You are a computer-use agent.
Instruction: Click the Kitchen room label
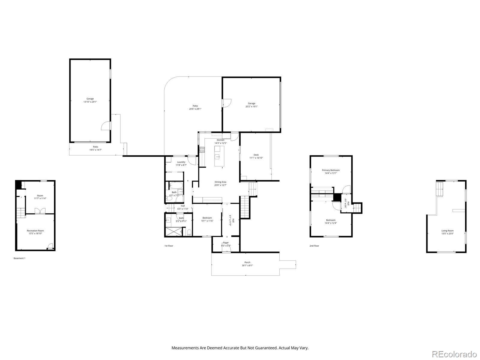[x=220, y=140]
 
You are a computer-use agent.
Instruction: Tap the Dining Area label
[x=220, y=182]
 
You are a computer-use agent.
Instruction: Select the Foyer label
[x=226, y=243]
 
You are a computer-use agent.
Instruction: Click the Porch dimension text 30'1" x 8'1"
[x=247, y=265]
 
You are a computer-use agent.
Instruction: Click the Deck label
[x=256, y=155]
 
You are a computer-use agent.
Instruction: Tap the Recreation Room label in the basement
[x=35, y=231]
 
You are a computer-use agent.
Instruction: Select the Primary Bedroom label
[x=331, y=170]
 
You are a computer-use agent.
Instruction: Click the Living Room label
[x=447, y=231]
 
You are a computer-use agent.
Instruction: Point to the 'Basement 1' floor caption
[x=19, y=258]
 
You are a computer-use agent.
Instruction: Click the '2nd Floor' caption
[x=314, y=246]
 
